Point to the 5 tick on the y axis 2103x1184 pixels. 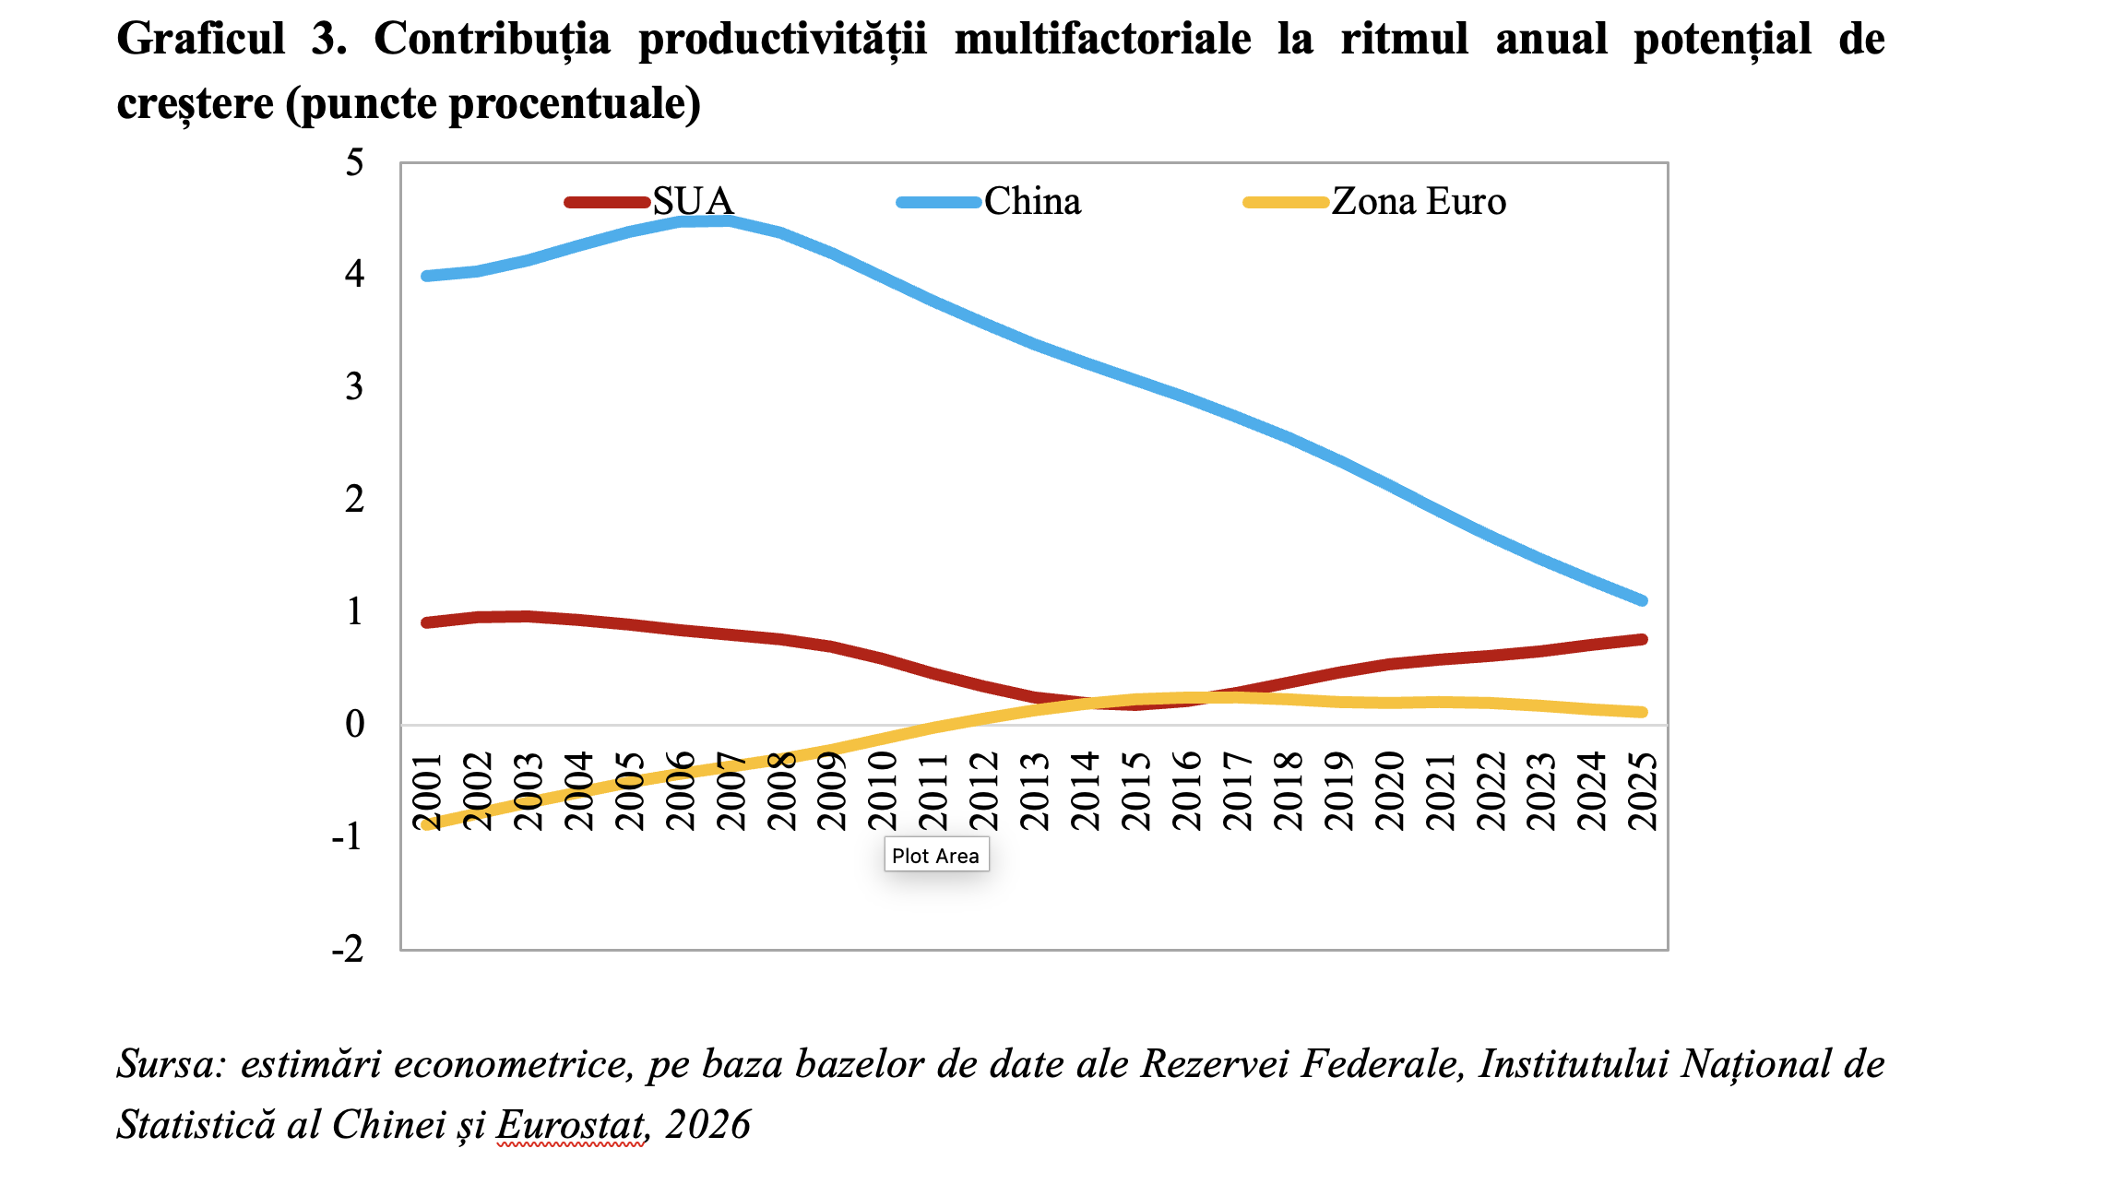click(354, 163)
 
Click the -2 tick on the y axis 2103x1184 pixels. click(348, 949)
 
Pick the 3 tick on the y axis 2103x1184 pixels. click(354, 387)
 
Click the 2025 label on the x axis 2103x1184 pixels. click(1644, 791)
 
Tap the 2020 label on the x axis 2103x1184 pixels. click(1389, 791)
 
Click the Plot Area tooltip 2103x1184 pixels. click(935, 856)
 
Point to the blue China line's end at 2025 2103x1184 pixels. click(1642, 600)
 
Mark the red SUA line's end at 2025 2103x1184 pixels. click(1642, 639)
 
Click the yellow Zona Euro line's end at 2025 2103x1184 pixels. click(1642, 712)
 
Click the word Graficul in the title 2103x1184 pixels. click(201, 40)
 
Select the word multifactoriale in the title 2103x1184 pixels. click(1102, 40)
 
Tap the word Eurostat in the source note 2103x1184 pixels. click(571, 1124)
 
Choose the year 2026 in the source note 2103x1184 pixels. click(707, 1124)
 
